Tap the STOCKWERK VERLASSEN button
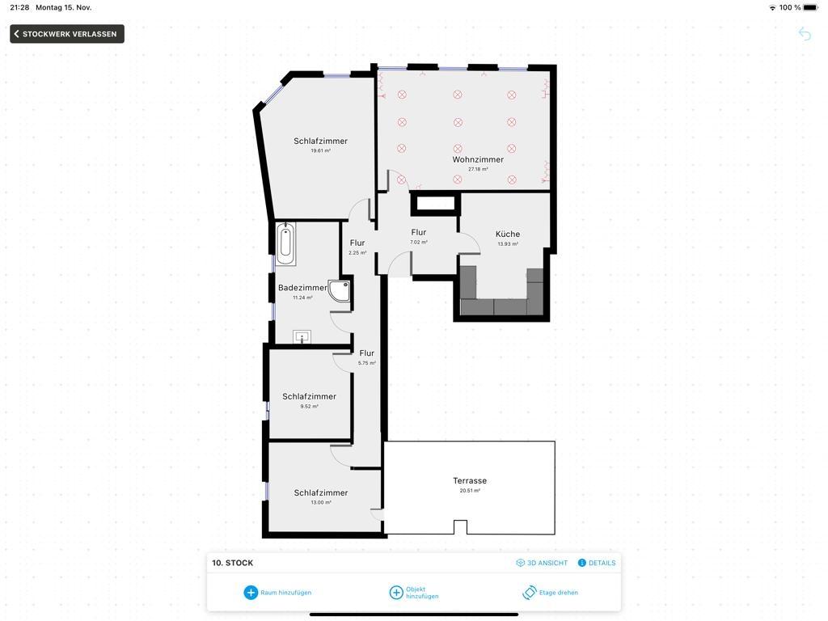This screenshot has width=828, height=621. [67, 34]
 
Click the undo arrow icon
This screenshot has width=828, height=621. [805, 34]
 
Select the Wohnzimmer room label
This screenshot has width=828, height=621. [478, 159]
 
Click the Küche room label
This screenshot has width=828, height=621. [508, 234]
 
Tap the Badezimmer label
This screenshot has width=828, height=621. [302, 288]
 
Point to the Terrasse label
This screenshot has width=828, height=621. [470, 480]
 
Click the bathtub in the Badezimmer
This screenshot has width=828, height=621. [285, 243]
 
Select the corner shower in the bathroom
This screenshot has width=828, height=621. [339, 291]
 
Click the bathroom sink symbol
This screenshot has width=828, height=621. [302, 336]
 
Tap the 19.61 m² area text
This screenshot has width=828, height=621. [320, 151]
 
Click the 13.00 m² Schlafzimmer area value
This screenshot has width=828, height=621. [321, 503]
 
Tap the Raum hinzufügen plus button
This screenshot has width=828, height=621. [251, 593]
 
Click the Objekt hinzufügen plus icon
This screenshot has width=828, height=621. [396, 593]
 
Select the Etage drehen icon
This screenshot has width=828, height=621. [529, 593]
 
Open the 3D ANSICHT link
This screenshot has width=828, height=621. [542, 563]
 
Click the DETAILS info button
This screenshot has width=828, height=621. [597, 563]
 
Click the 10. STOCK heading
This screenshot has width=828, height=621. [232, 563]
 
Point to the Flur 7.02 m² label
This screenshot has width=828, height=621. [419, 236]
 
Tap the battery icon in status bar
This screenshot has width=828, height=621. [810, 7]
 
